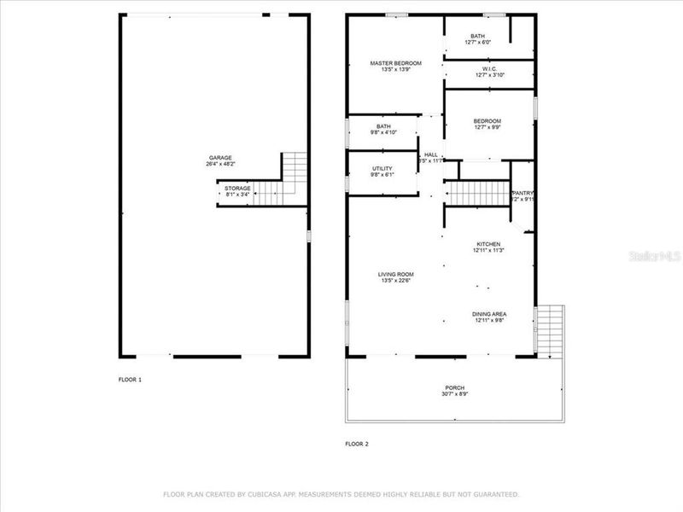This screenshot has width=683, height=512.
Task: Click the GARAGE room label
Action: [220, 158]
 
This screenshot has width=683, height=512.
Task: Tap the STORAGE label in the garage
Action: [237, 188]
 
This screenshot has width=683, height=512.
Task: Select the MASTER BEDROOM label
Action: [395, 63]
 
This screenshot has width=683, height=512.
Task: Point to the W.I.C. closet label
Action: [489, 69]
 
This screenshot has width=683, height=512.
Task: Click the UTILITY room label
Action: [382, 169]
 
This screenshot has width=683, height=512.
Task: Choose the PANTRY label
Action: [522, 194]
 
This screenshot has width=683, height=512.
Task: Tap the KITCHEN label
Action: [489, 244]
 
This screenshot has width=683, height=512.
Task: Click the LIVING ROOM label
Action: [396, 274]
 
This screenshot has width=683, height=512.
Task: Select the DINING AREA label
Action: [489, 315]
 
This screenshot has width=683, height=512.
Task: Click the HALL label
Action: [430, 154]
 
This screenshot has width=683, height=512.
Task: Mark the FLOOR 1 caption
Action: [130, 379]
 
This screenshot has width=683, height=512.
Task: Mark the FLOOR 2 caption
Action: [357, 444]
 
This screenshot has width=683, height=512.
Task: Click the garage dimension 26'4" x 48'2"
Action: [220, 164]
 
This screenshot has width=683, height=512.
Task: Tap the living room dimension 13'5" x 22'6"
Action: [396, 280]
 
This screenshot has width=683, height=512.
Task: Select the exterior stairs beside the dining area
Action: [550, 331]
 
